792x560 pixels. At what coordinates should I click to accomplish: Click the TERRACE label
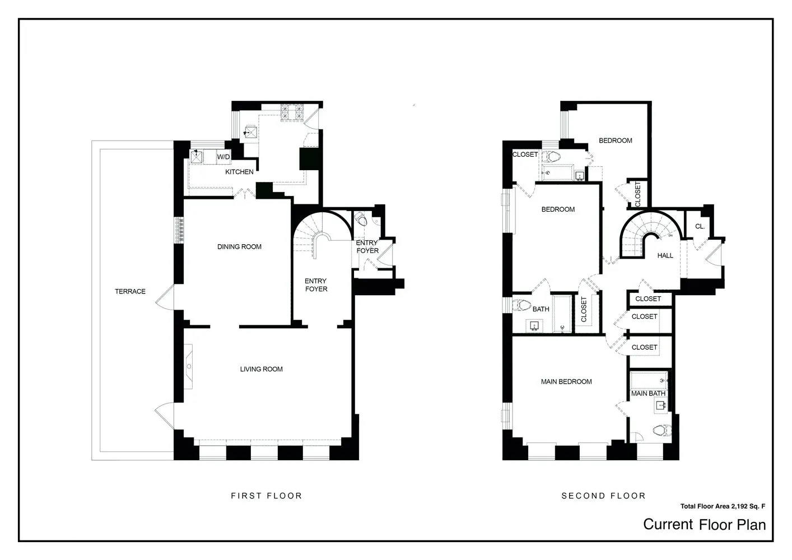(130, 291)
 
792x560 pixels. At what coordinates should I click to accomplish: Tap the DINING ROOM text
(239, 246)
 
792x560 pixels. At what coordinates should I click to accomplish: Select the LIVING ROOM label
(261, 369)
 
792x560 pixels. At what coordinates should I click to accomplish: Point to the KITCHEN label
(239, 172)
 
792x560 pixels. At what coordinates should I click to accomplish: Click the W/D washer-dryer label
(223, 157)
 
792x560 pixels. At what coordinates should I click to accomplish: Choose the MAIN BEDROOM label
(566, 381)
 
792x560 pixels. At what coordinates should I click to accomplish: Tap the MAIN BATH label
(648, 394)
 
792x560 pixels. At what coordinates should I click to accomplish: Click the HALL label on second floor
(665, 255)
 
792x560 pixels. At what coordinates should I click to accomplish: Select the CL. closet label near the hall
(700, 226)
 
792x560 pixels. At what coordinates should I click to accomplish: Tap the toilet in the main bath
(661, 431)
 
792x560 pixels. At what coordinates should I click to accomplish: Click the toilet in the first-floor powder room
(361, 220)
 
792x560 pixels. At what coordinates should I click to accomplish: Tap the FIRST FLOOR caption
(266, 496)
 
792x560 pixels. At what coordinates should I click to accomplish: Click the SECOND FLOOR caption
(603, 496)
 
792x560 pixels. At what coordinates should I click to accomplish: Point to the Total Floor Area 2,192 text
(722, 506)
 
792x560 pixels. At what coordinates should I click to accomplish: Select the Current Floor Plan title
(704, 525)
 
